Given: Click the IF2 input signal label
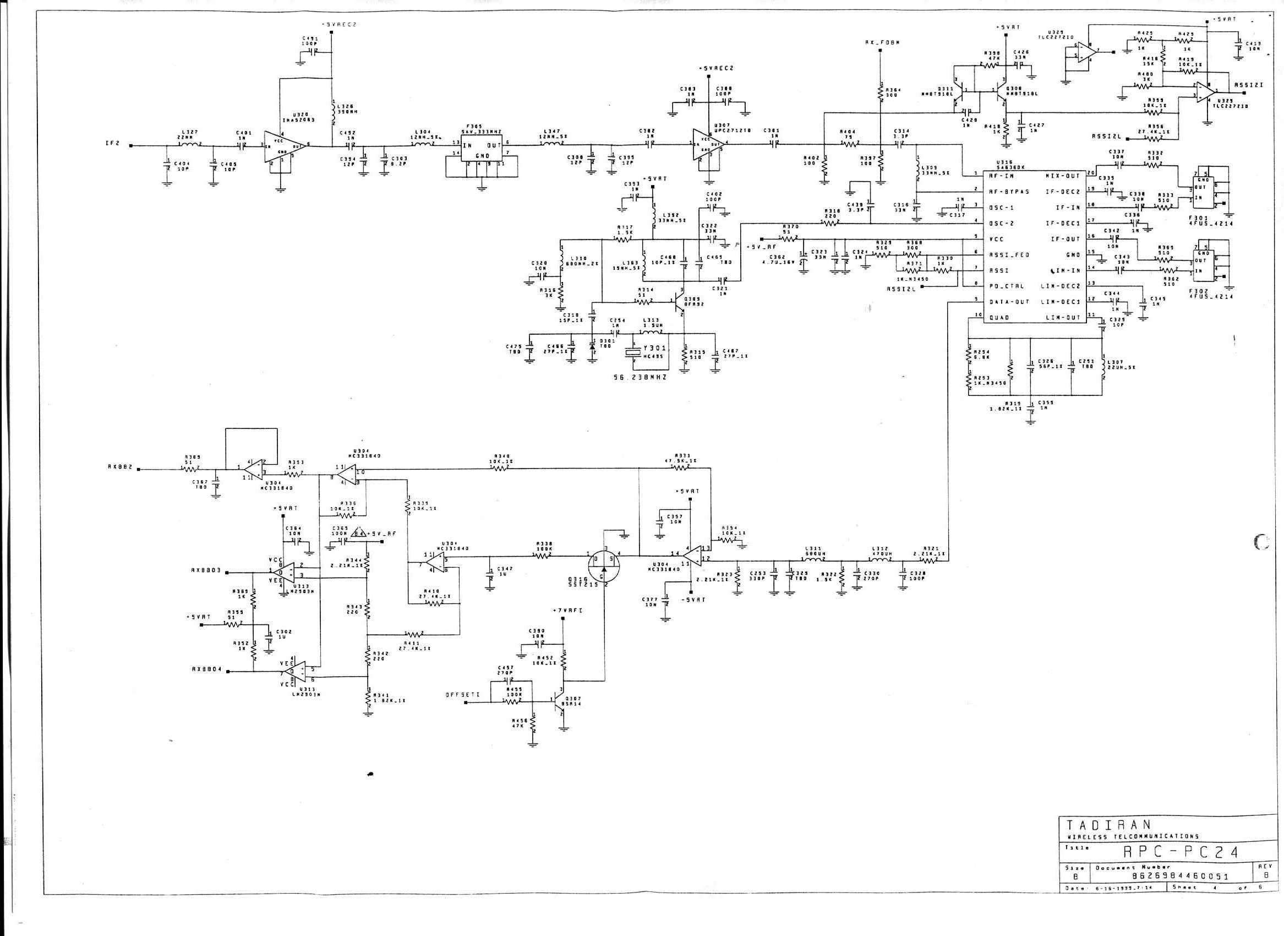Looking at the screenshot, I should (x=113, y=144).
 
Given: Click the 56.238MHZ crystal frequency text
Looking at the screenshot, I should (x=640, y=377).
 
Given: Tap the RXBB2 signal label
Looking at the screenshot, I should (x=119, y=467).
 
